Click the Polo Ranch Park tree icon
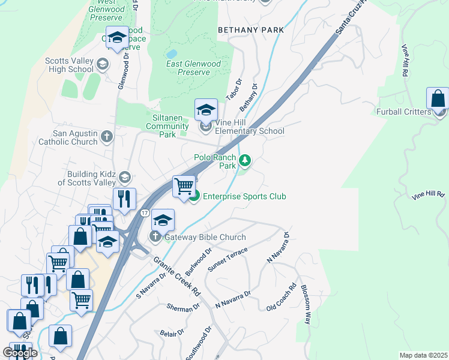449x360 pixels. tap(244, 160)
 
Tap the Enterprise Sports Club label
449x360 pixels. tap(244, 197)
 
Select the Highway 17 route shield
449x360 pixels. tap(145, 213)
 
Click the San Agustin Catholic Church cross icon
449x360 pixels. tap(107, 137)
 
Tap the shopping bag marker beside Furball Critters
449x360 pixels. tap(438, 99)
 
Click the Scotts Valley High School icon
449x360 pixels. tap(102, 64)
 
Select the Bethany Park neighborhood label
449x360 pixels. tap(250, 29)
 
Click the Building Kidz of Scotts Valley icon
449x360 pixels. tap(124, 177)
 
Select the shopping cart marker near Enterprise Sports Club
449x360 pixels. tap(184, 186)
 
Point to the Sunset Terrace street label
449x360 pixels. tap(227, 258)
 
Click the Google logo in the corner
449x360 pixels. tap(20, 353)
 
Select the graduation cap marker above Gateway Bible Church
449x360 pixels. tap(163, 220)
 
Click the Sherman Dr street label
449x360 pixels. tap(183, 307)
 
